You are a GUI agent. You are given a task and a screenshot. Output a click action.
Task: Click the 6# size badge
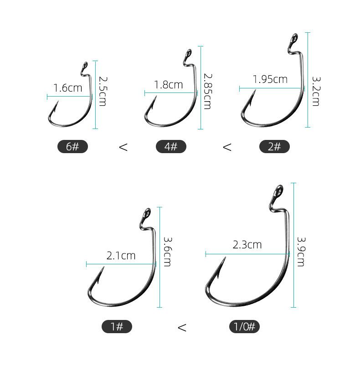[72, 146]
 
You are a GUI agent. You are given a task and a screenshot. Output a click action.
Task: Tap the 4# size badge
[171, 146]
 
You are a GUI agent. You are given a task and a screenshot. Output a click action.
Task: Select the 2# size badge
[274, 146]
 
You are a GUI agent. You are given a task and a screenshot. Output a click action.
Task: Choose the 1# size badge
[117, 327]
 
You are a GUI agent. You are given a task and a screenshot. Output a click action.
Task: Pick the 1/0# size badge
[244, 327]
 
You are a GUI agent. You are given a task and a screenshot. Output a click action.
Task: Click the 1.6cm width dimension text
[68, 88]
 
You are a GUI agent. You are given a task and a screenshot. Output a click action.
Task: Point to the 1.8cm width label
[169, 85]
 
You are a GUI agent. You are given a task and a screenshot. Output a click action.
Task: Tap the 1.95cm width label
[270, 79]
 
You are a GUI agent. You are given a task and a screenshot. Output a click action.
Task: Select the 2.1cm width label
[121, 256]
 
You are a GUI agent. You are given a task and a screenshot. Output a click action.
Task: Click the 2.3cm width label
[247, 245]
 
